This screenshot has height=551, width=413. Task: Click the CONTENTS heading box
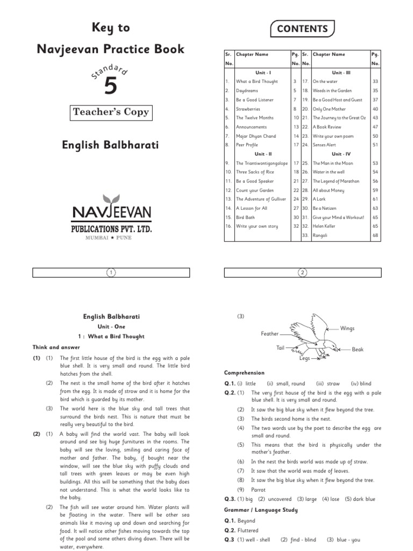tap(303, 29)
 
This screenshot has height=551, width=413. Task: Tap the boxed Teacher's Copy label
tap(111, 112)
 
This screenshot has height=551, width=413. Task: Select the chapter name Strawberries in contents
tap(247, 109)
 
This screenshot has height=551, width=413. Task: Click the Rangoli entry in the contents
tap(321, 235)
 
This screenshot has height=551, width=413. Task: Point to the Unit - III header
tap(341, 72)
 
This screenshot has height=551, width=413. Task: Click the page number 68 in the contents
tap(375, 235)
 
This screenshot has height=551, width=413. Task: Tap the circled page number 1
tap(111, 273)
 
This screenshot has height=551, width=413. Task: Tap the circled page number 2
tap(303, 273)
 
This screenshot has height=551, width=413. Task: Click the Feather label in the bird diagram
tap(269, 334)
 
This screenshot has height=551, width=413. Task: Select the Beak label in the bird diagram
tap(358, 349)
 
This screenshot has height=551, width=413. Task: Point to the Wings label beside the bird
tap(347, 328)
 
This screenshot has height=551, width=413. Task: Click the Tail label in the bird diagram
tap(280, 348)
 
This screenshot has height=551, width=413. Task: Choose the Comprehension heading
tap(244, 372)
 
